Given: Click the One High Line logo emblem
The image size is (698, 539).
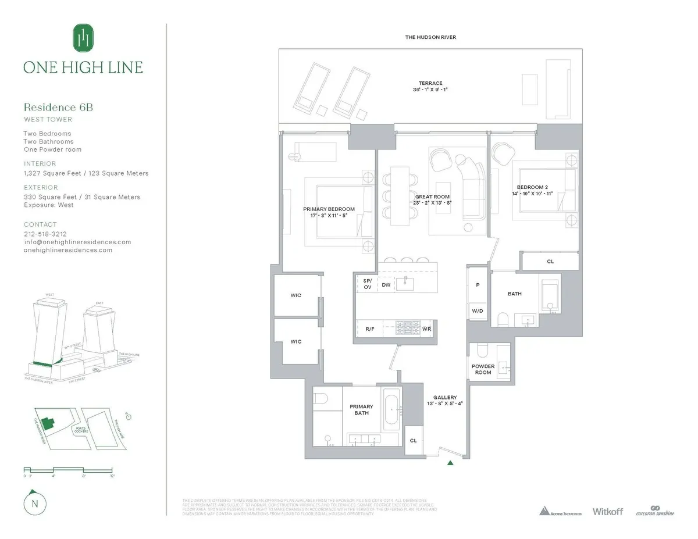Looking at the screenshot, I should tap(83, 38).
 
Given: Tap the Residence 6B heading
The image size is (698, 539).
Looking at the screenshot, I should tap(58, 108).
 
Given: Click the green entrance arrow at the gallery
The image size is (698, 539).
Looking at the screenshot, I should tap(450, 463).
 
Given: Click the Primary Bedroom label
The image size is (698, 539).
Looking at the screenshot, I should tap(329, 209).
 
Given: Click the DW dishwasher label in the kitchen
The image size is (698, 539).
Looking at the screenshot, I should tap(386, 284).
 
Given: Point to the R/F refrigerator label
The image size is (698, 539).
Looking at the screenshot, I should tap(370, 329).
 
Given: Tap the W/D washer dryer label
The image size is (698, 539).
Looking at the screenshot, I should tap(477, 311).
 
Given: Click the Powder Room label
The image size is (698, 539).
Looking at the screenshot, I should tap(483, 369).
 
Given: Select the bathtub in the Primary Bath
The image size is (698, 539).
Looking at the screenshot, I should tap(390, 412).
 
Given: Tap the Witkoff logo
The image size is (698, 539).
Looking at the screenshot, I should tap(607, 511).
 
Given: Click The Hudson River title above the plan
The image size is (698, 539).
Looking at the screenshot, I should tap(430, 37).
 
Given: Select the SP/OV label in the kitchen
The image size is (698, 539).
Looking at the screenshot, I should tap(367, 284).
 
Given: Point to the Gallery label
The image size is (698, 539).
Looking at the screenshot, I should tap(444, 398).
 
